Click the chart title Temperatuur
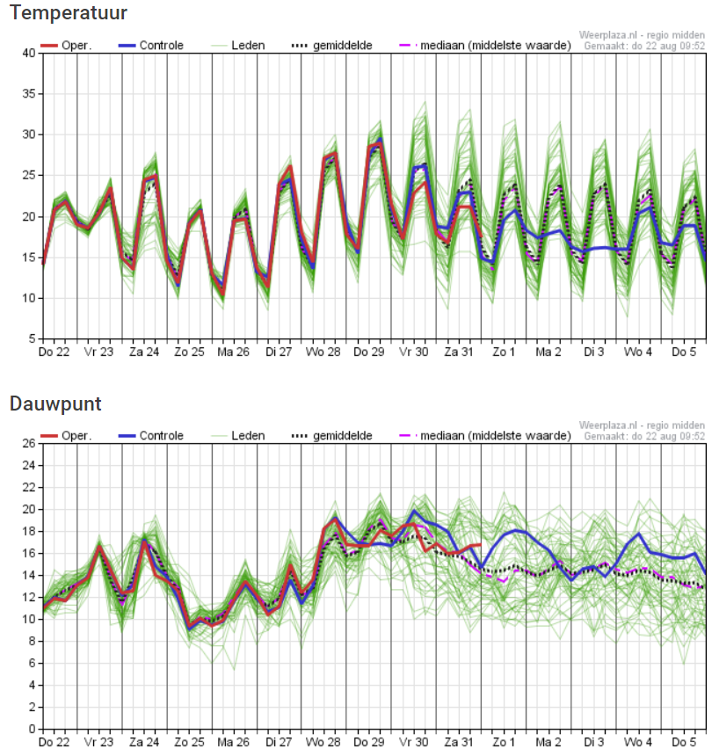pyautogui.click(x=68, y=12)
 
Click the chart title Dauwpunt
pyautogui.click(x=55, y=404)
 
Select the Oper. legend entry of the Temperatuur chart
pyautogui.click(x=66, y=46)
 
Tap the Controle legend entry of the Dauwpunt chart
pyautogui.click(x=151, y=436)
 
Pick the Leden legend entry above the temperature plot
pyautogui.click(x=238, y=46)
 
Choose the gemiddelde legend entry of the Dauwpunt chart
pyautogui.click(x=332, y=436)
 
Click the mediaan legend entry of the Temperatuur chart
pyautogui.click(x=485, y=46)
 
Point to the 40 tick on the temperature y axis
pyautogui.click(x=29, y=53)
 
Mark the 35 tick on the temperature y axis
pyautogui.click(x=29, y=94)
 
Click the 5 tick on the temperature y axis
pyautogui.click(x=33, y=339)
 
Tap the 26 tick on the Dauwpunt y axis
pyautogui.click(x=29, y=443)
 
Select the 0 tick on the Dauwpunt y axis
pyautogui.click(x=33, y=729)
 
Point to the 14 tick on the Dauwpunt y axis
pyautogui.click(x=29, y=575)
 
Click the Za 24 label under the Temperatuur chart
pyautogui.click(x=144, y=352)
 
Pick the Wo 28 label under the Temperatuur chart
pyautogui.click(x=323, y=352)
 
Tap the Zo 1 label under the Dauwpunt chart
pyautogui.click(x=504, y=742)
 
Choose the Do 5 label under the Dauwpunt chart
pyautogui.click(x=684, y=742)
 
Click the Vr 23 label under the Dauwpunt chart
pyautogui.click(x=98, y=742)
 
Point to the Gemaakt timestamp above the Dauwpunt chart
pyautogui.click(x=644, y=436)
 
